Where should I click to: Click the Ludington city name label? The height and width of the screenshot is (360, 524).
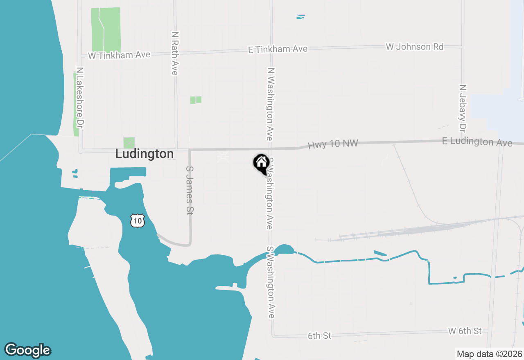145,154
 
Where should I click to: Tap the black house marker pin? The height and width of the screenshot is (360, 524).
261,164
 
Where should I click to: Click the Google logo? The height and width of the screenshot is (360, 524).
27,350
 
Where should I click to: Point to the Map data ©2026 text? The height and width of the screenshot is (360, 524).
489,354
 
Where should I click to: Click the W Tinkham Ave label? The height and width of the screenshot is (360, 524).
119,55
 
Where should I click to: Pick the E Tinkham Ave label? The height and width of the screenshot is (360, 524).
278,49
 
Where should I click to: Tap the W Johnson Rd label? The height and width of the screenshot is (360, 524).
414,47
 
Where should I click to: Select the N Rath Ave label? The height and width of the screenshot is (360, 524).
175,53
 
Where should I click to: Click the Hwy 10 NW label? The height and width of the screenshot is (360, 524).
333,144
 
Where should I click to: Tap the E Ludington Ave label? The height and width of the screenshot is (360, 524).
477,142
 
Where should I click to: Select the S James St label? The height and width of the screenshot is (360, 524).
190,190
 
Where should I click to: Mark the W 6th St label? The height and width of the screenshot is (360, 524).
465,331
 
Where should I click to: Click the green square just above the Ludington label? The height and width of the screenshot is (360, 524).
129,143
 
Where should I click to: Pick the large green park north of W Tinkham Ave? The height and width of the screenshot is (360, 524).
106,29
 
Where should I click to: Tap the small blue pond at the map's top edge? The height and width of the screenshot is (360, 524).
301,17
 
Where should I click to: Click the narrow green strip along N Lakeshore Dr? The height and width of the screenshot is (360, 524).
76,104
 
